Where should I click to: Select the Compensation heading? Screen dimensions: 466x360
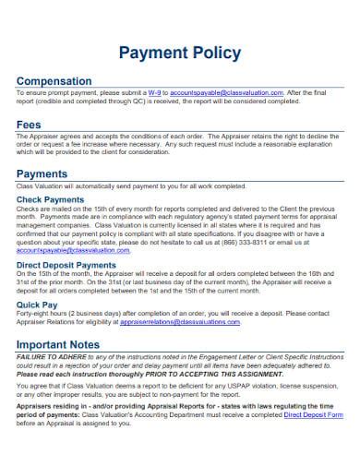pyautogui.click(x=54, y=81)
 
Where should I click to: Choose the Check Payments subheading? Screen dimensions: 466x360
pyautogui.click(x=51, y=200)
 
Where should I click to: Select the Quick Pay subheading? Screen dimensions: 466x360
pyautogui.click(x=38, y=304)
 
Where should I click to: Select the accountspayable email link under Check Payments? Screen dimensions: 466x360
pyautogui.click(x=66, y=249)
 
